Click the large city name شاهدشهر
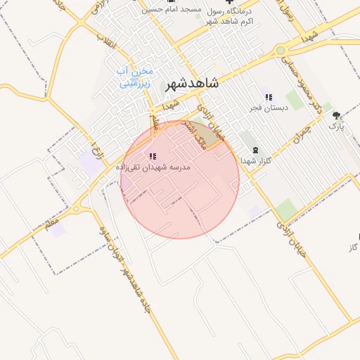pyautogui.click(x=191, y=83)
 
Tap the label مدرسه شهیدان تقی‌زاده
pyautogui.click(x=153, y=168)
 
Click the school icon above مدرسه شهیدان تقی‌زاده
pyautogui.click(x=153, y=156)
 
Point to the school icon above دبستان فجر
pyautogui.click(x=268, y=97)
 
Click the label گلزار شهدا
pyautogui.click(x=255, y=161)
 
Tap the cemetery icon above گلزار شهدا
pyautogui.click(x=255, y=150)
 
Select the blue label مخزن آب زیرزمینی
pyautogui.click(x=135, y=77)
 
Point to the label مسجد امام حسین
pyautogui.click(x=171, y=10)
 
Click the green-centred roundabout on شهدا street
pyautogui.click(x=281, y=50)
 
